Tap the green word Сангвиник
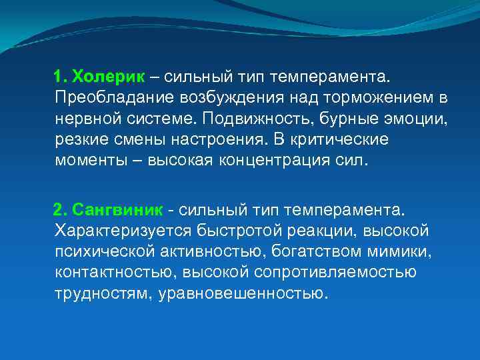[117, 210]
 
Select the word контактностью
[110, 273]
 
